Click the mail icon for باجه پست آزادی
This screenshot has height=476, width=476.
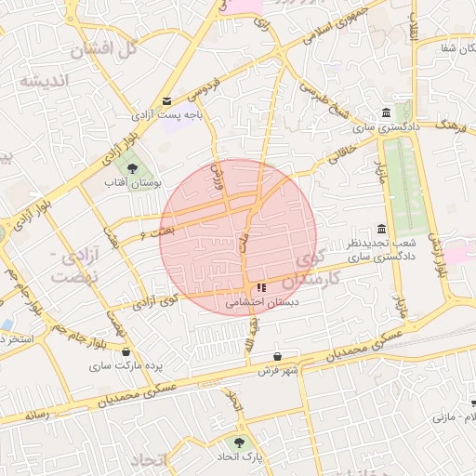coord(166,100)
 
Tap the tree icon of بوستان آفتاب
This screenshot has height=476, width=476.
coord(132,169)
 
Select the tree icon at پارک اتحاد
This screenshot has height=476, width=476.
coord(240,443)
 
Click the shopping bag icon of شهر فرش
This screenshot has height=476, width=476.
coord(277,357)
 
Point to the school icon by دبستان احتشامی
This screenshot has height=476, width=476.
coord(261,288)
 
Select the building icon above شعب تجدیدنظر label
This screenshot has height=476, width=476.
coord(381,230)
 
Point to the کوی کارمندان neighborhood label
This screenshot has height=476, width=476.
coord(306,270)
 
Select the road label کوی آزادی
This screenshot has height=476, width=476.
coord(154,302)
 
